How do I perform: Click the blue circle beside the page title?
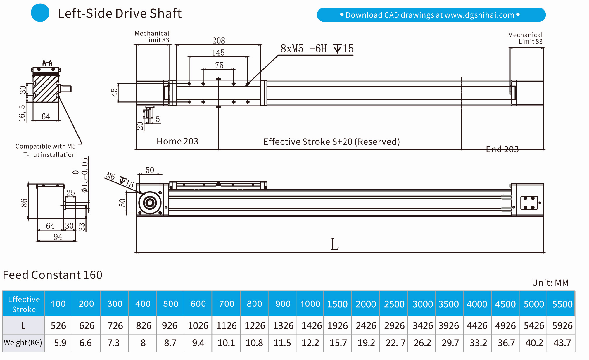pyautogui.click(x=40, y=13)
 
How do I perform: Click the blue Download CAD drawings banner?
pyautogui.click(x=431, y=15)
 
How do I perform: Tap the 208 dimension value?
pyautogui.click(x=218, y=41)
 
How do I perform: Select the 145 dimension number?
pyautogui.click(x=218, y=53)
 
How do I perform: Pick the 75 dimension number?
pyautogui.click(x=219, y=65)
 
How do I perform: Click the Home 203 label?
pyautogui.click(x=177, y=142)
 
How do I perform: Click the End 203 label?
pyautogui.click(x=502, y=149)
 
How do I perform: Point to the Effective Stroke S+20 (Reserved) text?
pyautogui.click(x=331, y=142)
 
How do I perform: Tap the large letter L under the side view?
pyautogui.click(x=334, y=244)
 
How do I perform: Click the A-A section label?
pyautogui.click(x=47, y=63)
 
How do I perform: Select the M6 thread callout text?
pyautogui.click(x=110, y=176)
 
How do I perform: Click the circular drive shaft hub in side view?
pyautogui.click(x=150, y=203)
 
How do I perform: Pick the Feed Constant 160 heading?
pyautogui.click(x=53, y=275)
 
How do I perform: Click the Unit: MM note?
pyautogui.click(x=550, y=283)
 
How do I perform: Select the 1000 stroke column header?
pyautogui.click(x=310, y=304)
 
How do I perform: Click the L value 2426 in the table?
pyautogui.click(x=366, y=325)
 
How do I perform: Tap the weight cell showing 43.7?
pyautogui.click(x=562, y=343)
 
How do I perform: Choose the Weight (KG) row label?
pyautogui.click(x=23, y=343)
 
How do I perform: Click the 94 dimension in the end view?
pyautogui.click(x=58, y=237)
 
